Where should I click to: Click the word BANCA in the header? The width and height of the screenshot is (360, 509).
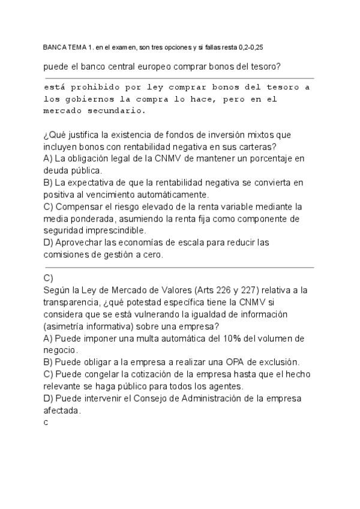coord(53,47)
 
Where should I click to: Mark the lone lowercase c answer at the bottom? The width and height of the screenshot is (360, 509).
coord(46,423)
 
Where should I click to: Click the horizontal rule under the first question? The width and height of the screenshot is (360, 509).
coord(179,78)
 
